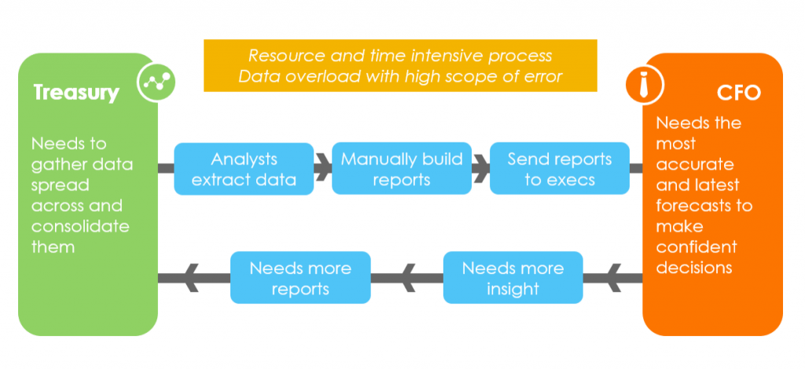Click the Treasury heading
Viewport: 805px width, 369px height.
tap(76, 92)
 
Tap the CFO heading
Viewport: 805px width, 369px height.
tap(739, 94)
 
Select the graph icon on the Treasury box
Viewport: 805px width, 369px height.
tap(155, 82)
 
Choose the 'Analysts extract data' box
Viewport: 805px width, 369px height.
tap(244, 168)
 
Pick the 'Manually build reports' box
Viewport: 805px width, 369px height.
tap(402, 168)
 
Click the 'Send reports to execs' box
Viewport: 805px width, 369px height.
tap(559, 168)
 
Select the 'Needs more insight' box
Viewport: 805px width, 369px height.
tap(513, 278)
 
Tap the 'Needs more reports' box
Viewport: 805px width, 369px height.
tap(300, 278)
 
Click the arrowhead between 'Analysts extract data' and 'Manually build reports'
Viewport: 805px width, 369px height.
tap(322, 168)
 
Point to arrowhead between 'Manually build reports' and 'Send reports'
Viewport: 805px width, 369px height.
tap(480, 168)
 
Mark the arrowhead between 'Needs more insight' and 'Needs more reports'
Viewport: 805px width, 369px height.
tap(407, 278)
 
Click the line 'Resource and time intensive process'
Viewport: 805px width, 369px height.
tap(400, 56)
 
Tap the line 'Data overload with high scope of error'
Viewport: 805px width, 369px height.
tap(400, 76)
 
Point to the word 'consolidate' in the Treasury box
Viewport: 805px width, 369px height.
tap(80, 227)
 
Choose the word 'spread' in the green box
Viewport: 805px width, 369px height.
tap(61, 185)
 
